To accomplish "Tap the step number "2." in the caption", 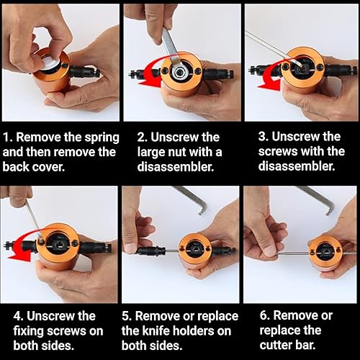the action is pyautogui.click(x=142, y=138).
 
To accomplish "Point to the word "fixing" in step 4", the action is pyautogui.click(x=28, y=331).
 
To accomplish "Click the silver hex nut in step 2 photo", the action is pyautogui.click(x=179, y=71).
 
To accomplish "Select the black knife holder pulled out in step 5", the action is pyautogui.click(x=150, y=251).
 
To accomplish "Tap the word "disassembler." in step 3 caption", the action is pyautogui.click(x=297, y=166).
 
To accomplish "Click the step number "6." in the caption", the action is pyautogui.click(x=265, y=316).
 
